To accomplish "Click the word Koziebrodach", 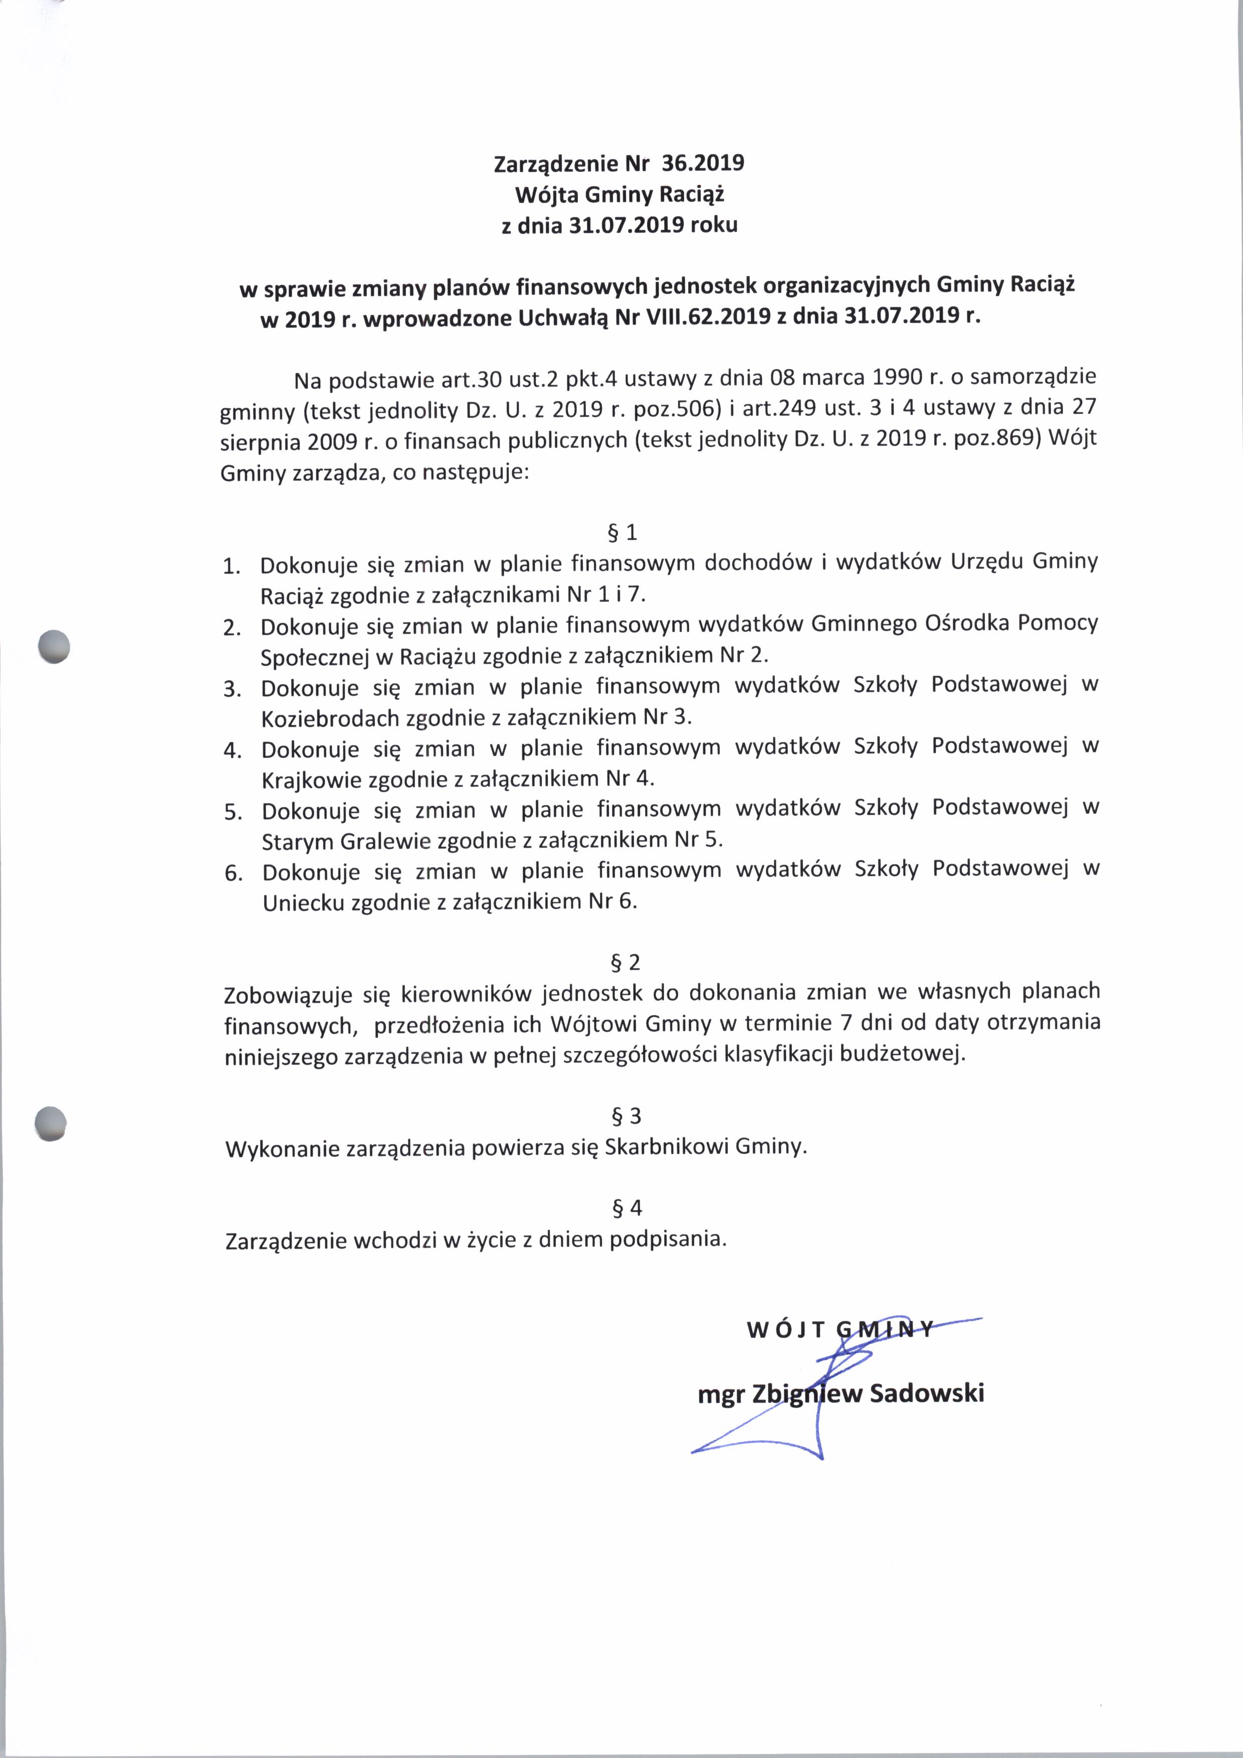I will (x=331, y=719).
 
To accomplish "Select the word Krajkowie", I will (x=312, y=780).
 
